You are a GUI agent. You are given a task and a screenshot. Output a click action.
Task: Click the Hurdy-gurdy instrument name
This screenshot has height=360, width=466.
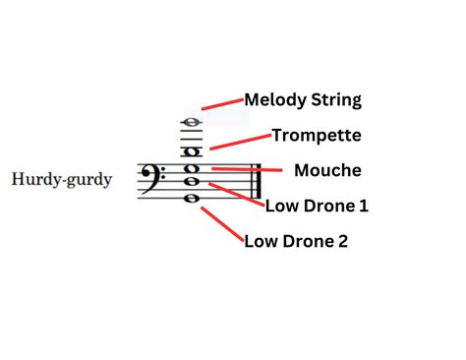(x=62, y=180)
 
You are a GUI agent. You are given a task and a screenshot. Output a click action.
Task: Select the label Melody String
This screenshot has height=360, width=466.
(x=303, y=99)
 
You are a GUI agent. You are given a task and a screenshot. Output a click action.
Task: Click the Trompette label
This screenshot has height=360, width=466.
(x=317, y=135)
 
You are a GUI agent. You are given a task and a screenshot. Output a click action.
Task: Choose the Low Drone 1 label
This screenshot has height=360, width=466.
(x=317, y=206)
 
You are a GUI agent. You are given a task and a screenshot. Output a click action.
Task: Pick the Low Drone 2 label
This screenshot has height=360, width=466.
(x=295, y=240)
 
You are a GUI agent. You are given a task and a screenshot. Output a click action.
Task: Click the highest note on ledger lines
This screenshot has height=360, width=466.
(x=190, y=124)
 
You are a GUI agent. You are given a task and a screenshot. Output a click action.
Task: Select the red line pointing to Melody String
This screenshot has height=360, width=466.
(x=221, y=103)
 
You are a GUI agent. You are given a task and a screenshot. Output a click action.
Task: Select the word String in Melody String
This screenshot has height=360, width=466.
(x=336, y=100)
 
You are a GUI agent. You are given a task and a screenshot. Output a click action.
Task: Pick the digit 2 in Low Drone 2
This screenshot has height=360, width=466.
(x=341, y=240)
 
